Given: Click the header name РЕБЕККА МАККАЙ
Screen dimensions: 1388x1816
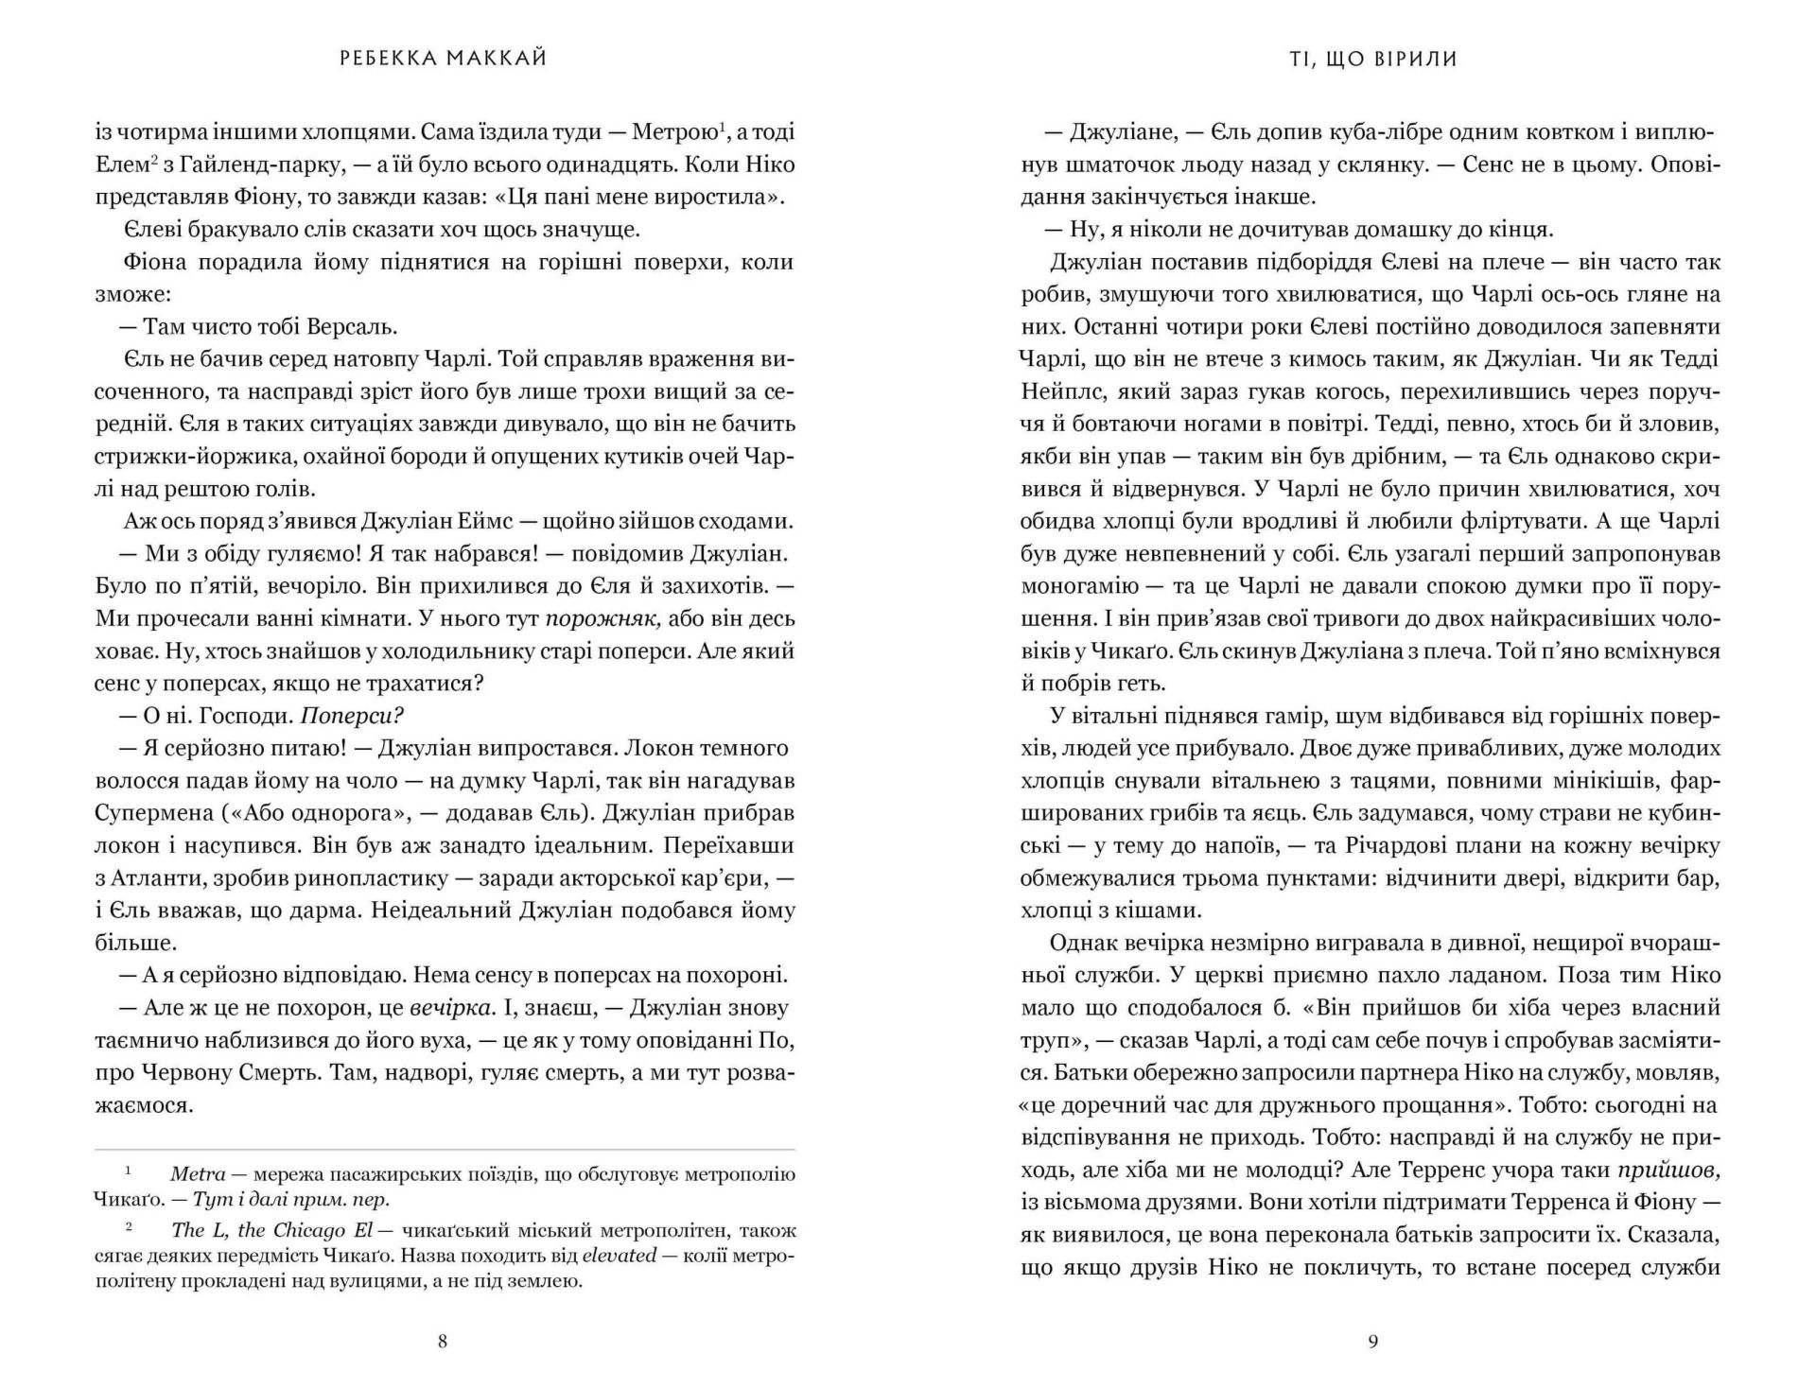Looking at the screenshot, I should pyautogui.click(x=443, y=59).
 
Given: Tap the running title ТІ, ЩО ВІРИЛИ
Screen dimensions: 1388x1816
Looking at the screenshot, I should pyautogui.click(x=1372, y=59).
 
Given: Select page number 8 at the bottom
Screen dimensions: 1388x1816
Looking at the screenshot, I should pyautogui.click(x=443, y=1341).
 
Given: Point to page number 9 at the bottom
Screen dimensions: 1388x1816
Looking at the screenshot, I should pyautogui.click(x=1373, y=1341).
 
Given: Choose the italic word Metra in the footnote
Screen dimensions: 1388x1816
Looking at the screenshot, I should pyautogui.click(x=198, y=1174).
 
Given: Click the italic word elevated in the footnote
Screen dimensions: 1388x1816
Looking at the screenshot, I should pyautogui.click(x=620, y=1256).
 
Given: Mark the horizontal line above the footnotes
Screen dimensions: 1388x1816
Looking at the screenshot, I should pyautogui.click(x=445, y=1150).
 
